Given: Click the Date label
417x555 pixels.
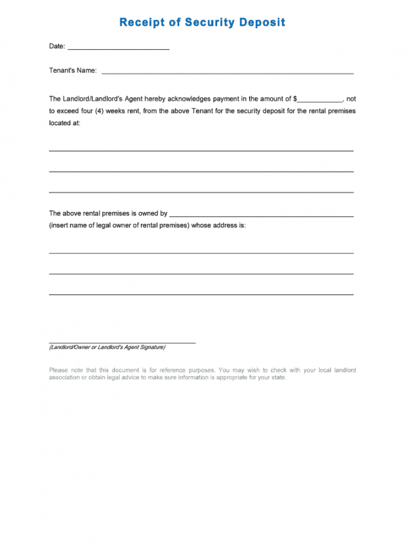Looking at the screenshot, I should coord(57,46).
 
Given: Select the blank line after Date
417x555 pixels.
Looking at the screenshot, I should coord(119,48).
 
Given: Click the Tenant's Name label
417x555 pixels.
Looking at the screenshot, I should coord(73,70).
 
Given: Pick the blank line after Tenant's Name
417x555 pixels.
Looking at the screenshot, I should coord(227,73).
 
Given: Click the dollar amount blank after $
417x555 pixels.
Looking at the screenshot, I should coord(320,100).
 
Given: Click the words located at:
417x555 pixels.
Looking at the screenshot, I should coord(64,122).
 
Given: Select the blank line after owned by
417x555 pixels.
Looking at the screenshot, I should coord(261,215).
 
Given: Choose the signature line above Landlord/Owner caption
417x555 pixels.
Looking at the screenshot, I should coord(122,343).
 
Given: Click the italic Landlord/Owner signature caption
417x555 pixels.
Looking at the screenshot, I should coord(107,347).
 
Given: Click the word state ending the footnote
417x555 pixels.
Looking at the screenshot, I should coord(278,377).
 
